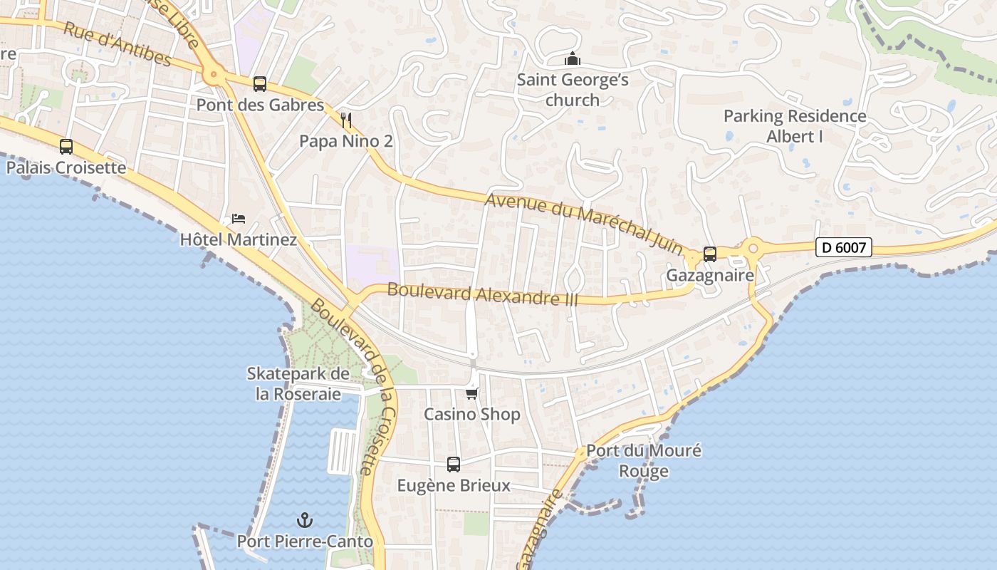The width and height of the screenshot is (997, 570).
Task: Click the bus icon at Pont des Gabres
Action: tap(260, 84)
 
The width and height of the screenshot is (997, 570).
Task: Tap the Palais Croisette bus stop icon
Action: tap(66, 147)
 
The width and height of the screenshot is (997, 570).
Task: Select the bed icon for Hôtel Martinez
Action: tap(239, 218)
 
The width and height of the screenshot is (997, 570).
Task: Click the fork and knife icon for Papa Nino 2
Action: tap(347, 120)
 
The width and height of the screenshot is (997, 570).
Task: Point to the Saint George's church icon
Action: tap(573, 60)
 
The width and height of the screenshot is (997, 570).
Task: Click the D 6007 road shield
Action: tap(844, 248)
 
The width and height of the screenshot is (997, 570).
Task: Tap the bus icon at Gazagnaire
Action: tap(710, 254)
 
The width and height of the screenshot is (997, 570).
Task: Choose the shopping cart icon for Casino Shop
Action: tap(471, 393)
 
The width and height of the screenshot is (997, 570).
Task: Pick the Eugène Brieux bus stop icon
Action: tap(454, 465)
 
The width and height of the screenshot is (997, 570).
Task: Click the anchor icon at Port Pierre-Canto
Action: tap(305, 520)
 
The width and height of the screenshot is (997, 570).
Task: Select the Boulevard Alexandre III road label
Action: tap(482, 294)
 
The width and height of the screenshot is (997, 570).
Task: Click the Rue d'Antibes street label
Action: tap(118, 44)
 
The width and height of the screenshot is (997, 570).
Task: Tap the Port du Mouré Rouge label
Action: tap(644, 460)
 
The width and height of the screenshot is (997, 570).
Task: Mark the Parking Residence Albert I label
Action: tap(795, 125)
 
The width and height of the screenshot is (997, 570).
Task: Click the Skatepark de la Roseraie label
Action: tap(298, 383)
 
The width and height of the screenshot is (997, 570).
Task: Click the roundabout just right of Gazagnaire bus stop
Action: tap(753, 249)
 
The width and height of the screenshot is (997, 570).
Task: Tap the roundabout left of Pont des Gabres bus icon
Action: tap(212, 73)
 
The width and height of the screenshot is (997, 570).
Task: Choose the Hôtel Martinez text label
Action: tap(239, 239)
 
